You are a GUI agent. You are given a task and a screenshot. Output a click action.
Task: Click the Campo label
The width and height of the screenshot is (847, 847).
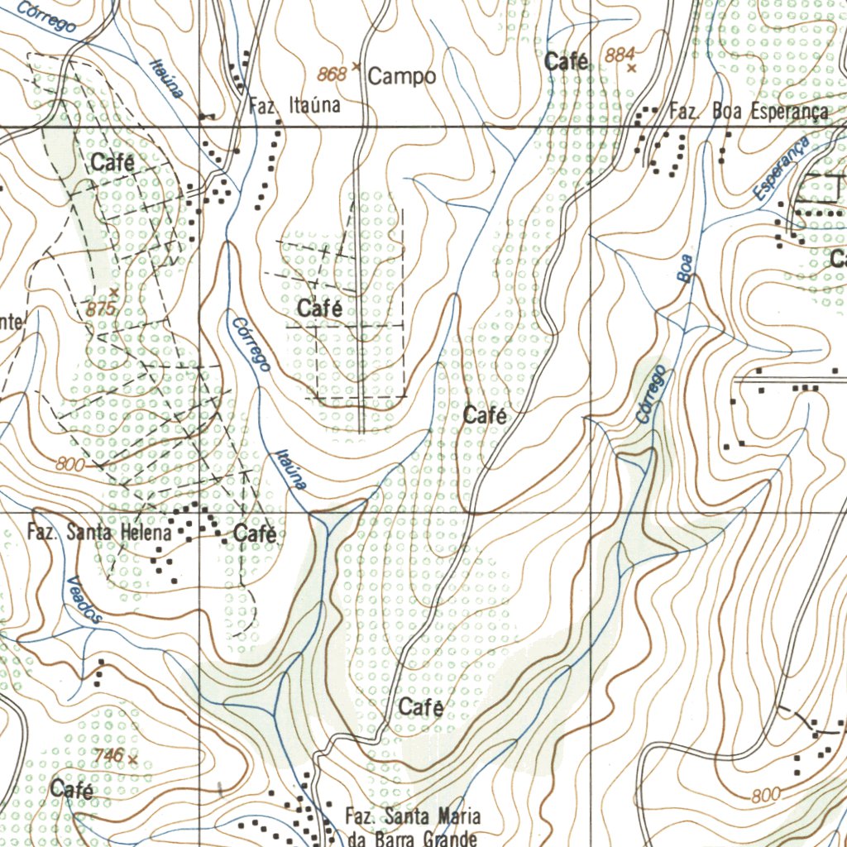tap(402, 77)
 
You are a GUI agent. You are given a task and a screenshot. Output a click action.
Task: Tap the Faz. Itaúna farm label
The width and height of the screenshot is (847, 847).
tap(294, 106)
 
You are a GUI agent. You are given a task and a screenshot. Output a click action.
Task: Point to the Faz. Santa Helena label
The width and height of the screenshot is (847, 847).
tap(99, 533)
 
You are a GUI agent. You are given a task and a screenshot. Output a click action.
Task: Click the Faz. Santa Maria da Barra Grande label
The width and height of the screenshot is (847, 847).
tap(412, 827)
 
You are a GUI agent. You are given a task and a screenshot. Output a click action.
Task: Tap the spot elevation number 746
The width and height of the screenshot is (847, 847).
tap(108, 755)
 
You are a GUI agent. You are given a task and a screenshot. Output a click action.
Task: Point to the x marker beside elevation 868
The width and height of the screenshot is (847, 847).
tap(357, 65)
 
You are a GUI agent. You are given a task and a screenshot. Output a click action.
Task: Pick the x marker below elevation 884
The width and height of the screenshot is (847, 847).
tap(632, 69)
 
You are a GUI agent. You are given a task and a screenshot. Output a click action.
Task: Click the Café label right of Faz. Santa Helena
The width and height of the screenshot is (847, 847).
tap(255, 534)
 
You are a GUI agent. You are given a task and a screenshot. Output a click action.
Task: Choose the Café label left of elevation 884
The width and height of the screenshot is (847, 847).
tap(567, 61)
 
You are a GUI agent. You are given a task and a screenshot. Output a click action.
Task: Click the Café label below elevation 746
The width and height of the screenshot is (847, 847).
tap(72, 790)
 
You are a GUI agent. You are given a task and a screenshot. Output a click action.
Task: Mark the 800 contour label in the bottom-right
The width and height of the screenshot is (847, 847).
tap(766, 796)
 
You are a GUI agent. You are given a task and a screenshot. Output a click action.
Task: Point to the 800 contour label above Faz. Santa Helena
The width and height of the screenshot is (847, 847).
tap(70, 466)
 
